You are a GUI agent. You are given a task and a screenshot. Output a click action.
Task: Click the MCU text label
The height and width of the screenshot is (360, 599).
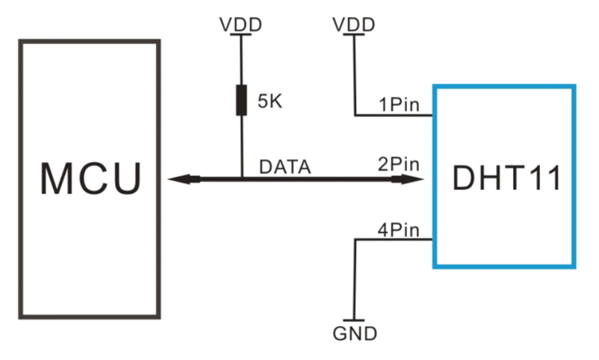[x=90, y=179]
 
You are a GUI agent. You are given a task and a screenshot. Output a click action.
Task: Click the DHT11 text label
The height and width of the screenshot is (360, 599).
[x=505, y=179]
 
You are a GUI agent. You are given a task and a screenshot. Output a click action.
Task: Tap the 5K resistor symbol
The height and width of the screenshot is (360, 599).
[x=241, y=100]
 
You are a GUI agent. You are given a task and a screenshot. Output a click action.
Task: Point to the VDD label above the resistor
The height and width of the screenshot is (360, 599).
[x=241, y=25]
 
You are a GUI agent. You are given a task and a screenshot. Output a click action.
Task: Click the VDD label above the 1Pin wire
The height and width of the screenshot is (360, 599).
[x=354, y=25]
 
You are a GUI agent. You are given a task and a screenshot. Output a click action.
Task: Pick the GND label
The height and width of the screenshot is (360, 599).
[x=356, y=333]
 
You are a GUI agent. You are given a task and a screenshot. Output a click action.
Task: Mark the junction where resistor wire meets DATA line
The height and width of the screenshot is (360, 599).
[x=241, y=179]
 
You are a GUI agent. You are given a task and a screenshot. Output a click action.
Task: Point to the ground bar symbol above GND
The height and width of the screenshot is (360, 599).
[x=356, y=320]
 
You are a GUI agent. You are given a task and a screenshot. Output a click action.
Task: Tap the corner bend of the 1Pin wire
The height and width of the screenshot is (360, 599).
[x=355, y=116]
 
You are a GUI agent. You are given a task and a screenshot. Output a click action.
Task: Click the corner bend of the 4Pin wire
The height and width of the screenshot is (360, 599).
[x=356, y=240]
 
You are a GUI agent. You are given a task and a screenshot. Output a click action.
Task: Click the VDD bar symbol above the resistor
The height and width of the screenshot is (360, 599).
[x=241, y=34]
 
